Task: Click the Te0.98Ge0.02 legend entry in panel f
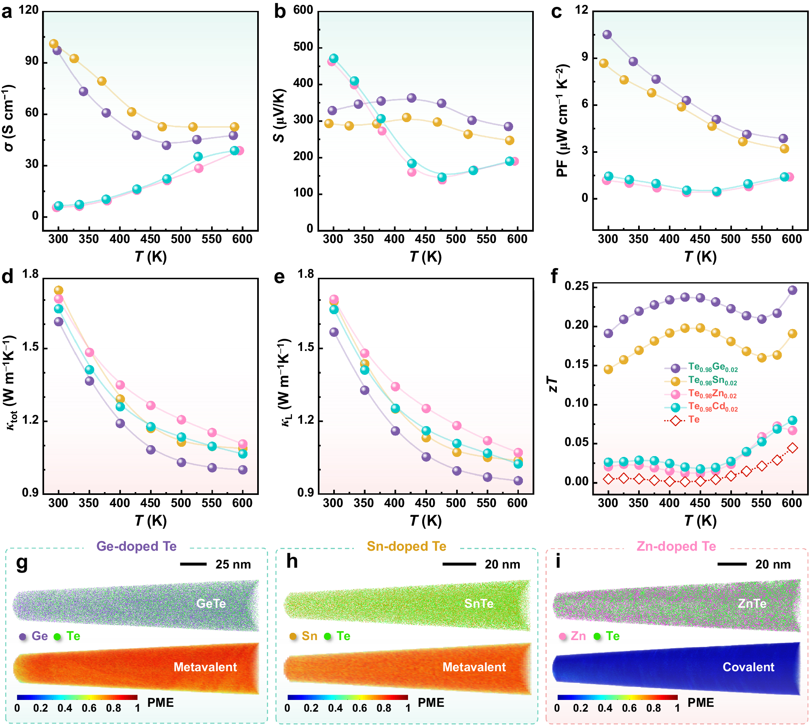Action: pyautogui.click(x=713, y=368)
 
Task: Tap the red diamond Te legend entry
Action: pyautogui.click(x=676, y=421)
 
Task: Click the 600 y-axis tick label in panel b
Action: pyautogui.click(x=303, y=10)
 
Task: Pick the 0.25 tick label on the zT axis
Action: pyautogui.click(x=576, y=286)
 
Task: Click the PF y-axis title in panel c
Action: pyautogui.click(x=563, y=120)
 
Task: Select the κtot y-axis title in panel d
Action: pyautogui.click(x=10, y=382)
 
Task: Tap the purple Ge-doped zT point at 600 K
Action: pyautogui.click(x=792, y=290)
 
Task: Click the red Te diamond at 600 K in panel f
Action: pyautogui.click(x=792, y=448)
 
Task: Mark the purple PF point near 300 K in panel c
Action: pyautogui.click(x=607, y=34)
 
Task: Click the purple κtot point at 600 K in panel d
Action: pyautogui.click(x=243, y=469)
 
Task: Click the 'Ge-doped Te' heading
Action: pyautogui.click(x=136, y=546)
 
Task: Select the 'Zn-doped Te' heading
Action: pyautogui.click(x=676, y=546)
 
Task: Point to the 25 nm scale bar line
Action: pyautogui.click(x=193, y=564)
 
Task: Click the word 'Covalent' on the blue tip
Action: pyautogui.click(x=748, y=667)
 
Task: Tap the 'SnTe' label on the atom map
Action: pyautogui.click(x=479, y=603)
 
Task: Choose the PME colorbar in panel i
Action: pyautogui.click(x=617, y=697)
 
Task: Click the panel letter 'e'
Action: pyautogui.click(x=279, y=277)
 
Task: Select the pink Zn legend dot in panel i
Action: pyautogui.click(x=563, y=636)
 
